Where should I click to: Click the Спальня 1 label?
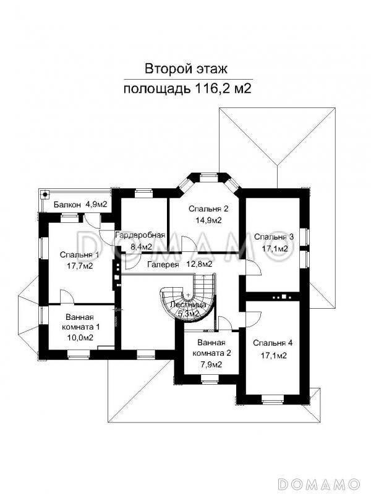(80, 254)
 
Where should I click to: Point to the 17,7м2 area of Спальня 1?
(80, 266)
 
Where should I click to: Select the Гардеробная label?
(140, 235)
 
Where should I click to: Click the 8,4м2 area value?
(140, 246)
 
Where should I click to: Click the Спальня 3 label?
(274, 237)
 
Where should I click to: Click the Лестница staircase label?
(189, 305)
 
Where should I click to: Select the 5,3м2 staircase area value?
(189, 314)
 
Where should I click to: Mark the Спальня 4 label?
(274, 343)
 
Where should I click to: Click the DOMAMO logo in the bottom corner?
(320, 482)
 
